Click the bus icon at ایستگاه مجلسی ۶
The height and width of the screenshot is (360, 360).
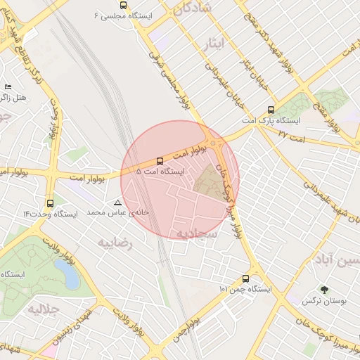[124, 5]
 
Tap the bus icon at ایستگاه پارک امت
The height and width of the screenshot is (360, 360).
[271, 110]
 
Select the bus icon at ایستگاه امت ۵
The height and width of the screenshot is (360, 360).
[160, 161]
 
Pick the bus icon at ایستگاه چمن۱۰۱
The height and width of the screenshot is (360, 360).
[245, 278]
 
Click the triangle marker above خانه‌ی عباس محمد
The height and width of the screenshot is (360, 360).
[117, 202]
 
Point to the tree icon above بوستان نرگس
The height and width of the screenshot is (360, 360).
[323, 289]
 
